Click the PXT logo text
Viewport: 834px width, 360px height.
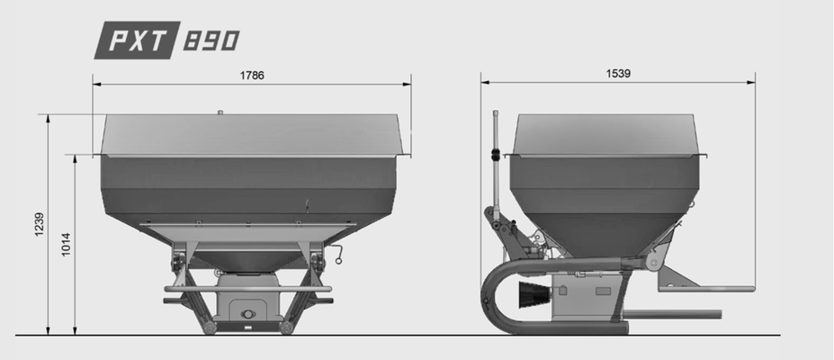139,40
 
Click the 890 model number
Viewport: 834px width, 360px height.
211,40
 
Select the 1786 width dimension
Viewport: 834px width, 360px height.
252,75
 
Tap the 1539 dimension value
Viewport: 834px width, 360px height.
618,74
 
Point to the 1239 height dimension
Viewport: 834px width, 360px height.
40,224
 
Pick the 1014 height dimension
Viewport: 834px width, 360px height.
66,244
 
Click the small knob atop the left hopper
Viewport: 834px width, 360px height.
220,112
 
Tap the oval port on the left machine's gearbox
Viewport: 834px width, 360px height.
247,314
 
